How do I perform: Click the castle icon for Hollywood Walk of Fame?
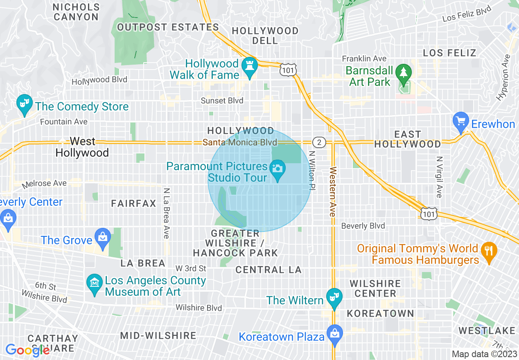249,66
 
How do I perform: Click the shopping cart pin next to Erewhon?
461,122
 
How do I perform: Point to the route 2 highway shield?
319,142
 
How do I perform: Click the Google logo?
27,350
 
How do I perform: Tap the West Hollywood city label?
82,147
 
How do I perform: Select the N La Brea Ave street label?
166,213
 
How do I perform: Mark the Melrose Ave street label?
44,184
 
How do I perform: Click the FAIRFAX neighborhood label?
133,203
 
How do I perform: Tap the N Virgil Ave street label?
439,177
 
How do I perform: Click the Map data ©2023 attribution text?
485,354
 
